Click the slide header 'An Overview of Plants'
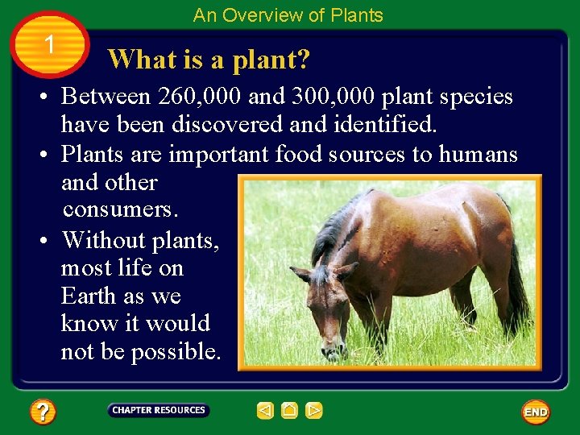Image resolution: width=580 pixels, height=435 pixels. point(288,15)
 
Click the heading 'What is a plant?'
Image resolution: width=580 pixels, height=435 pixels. point(209,59)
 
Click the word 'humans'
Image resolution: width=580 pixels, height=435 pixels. point(478,153)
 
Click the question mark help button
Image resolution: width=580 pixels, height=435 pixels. point(42,412)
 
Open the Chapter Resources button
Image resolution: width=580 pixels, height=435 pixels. point(158,410)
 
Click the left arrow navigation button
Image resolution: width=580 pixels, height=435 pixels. point(265,411)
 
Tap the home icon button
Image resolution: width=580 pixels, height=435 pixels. point(289,411)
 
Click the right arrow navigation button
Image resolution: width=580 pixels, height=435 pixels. point(314,411)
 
